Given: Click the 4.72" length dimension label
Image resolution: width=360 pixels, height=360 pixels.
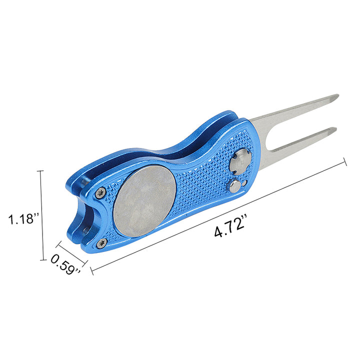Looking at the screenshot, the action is click(x=230, y=225).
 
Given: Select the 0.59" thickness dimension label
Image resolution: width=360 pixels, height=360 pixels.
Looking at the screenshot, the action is click(x=65, y=264).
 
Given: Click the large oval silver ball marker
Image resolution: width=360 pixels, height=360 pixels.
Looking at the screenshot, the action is click(x=145, y=201).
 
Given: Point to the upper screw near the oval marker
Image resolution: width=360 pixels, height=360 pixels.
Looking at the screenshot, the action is click(x=100, y=192).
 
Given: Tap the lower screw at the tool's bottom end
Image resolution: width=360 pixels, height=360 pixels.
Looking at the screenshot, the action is click(x=101, y=243).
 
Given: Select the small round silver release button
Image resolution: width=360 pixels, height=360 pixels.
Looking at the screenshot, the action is click(x=234, y=185).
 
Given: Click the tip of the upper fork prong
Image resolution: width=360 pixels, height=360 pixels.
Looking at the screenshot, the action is click(x=338, y=95).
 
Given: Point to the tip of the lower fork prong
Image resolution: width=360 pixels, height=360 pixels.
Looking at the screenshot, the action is click(x=335, y=129).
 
